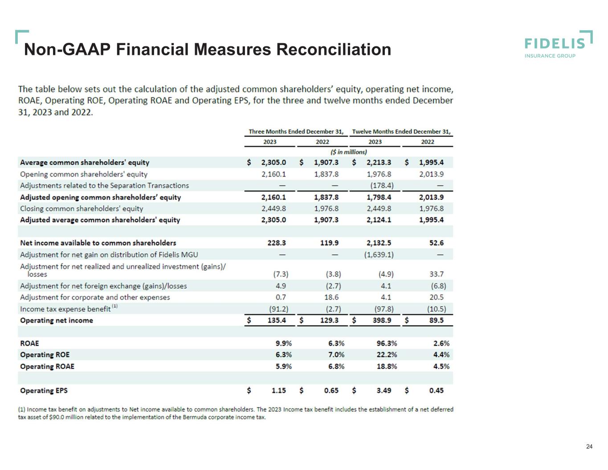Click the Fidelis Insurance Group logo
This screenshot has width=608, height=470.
(558, 45)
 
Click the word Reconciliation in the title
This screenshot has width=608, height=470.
(334, 49)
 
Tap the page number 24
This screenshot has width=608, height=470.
(589, 446)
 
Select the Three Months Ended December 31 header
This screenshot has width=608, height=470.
(296, 131)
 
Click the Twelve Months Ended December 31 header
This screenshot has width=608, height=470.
(401, 131)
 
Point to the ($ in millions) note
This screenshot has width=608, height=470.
(349, 152)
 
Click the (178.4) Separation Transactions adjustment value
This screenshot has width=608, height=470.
(382, 185)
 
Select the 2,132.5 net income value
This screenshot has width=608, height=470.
(379, 243)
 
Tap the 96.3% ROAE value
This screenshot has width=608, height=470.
(387, 343)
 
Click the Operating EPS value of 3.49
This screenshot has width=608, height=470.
(384, 390)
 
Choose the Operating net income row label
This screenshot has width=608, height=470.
(57, 320)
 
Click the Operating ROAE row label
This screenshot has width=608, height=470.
(47, 367)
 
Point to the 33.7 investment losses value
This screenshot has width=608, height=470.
(437, 274)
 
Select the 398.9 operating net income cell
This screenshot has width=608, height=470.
(382, 320)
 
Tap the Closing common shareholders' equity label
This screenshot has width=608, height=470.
(82, 208)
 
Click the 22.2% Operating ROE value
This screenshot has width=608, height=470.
(387, 355)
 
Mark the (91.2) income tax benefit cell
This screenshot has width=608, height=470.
(279, 309)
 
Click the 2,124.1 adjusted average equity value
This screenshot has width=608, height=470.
(379, 220)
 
